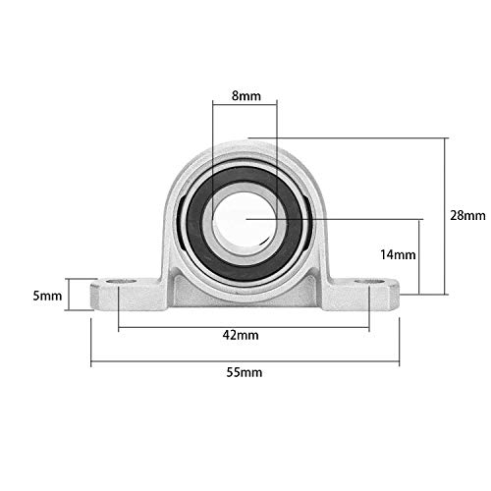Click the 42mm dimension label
coord(241,335)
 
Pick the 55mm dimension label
coord(247,372)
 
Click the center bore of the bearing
coord(245,213)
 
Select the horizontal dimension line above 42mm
coord(245,320)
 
